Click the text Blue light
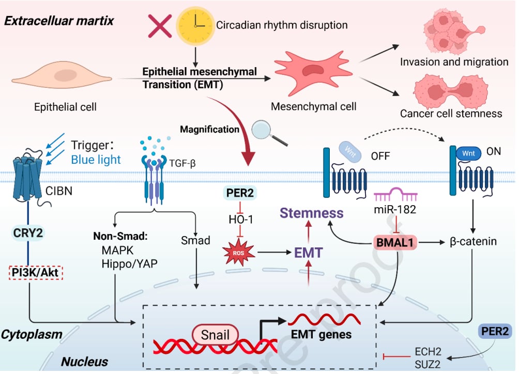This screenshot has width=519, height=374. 96,159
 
